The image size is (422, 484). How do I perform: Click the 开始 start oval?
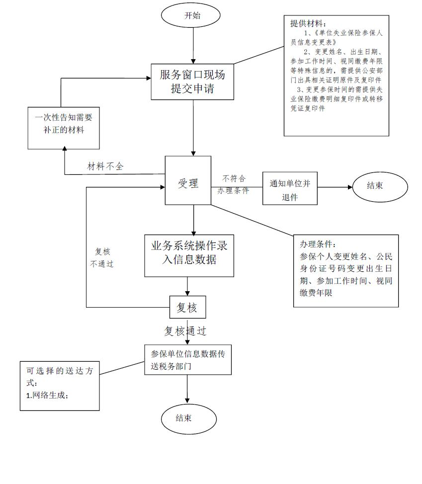(191, 15)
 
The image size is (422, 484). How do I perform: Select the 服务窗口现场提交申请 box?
(192, 82)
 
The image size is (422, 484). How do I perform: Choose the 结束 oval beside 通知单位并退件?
(380, 186)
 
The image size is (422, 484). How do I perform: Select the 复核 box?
(187, 308)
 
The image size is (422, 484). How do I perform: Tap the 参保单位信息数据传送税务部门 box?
(188, 360)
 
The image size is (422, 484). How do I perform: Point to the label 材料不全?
(105, 166)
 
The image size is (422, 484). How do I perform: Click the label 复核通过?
(185, 330)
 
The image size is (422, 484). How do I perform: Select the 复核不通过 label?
(102, 258)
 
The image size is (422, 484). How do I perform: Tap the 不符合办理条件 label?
(234, 184)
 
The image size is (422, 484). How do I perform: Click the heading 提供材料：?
(309, 23)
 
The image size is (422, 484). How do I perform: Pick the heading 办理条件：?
(318, 244)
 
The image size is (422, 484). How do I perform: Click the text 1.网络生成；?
(48, 395)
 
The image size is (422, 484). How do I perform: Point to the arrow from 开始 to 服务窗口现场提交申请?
(193, 46)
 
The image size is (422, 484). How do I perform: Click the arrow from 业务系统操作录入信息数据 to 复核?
(187, 286)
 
